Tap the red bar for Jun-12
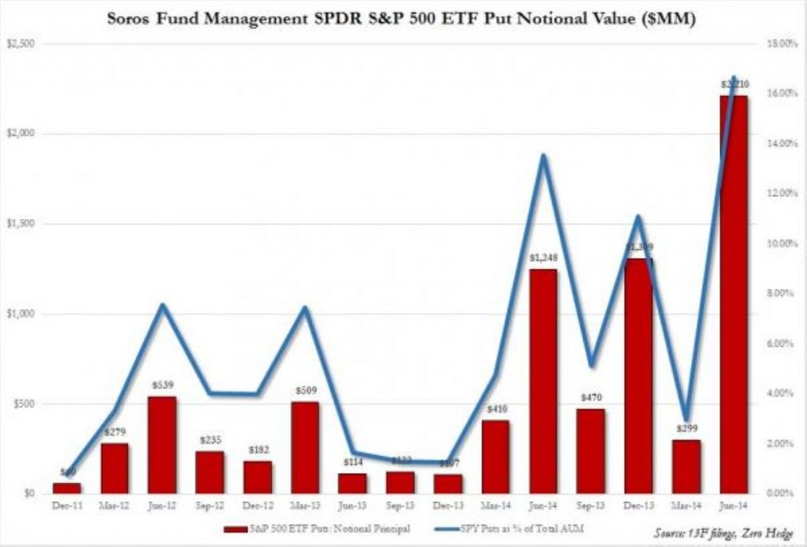click(162, 445)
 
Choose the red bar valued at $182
click(258, 478)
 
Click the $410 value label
click(496, 410)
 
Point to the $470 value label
click(591, 399)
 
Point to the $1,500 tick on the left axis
click(19, 224)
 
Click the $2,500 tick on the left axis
click(19, 44)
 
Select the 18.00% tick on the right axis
click(782, 44)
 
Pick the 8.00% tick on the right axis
click(782, 294)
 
